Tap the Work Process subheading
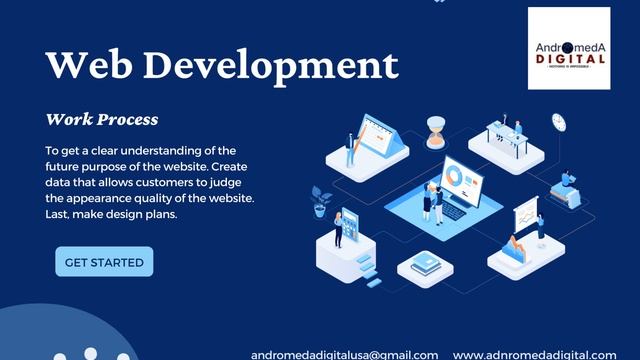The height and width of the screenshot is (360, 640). pyautogui.click(x=101, y=120)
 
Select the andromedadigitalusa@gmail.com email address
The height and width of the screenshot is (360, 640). pyautogui.click(x=344, y=354)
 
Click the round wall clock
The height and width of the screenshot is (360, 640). pyautogui.click(x=558, y=120)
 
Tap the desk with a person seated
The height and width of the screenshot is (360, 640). pyautogui.click(x=511, y=140)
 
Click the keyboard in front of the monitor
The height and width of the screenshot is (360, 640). pyautogui.click(x=452, y=211)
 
